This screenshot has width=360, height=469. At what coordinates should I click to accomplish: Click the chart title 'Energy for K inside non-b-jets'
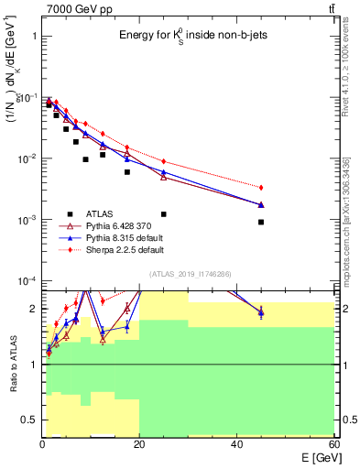tap(191, 36)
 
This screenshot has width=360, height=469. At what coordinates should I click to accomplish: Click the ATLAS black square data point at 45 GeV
tap(261, 222)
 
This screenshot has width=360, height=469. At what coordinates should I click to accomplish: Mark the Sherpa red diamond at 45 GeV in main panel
tap(261, 187)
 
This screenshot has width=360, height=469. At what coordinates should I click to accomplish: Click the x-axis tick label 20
tap(139, 444)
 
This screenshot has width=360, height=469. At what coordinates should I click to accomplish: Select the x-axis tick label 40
tap(236, 444)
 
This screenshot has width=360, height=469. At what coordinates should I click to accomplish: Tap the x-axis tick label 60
tap(333, 444)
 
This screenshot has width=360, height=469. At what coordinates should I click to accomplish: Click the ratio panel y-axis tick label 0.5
tap(27, 420)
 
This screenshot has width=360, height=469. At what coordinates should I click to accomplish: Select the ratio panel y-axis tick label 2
tap(32, 309)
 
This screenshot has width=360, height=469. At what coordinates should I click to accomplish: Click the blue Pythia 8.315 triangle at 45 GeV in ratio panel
tap(261, 313)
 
